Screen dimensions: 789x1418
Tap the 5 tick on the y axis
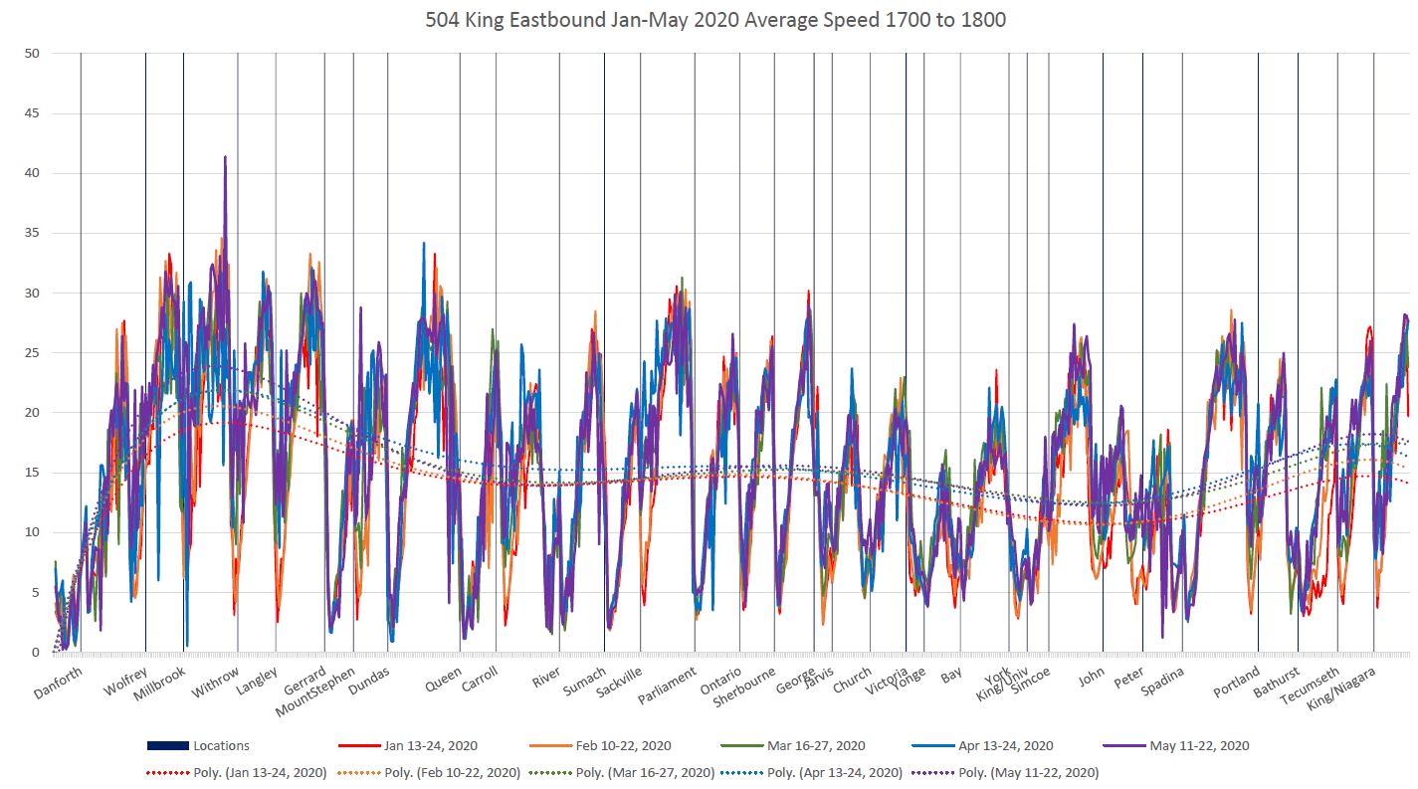pyautogui.click(x=34, y=592)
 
